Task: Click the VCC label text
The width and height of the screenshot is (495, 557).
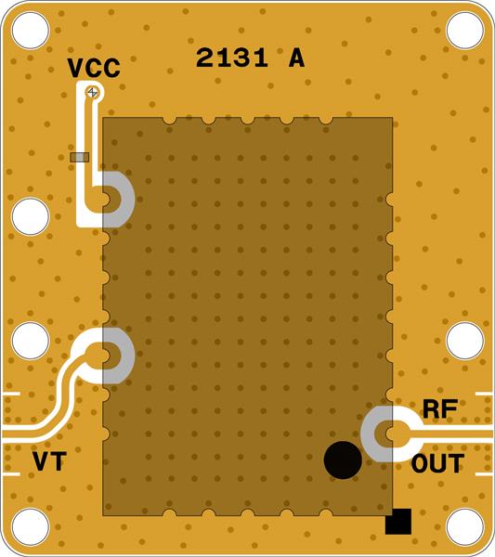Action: pos(94,68)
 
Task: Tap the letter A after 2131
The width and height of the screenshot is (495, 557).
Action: pos(296,58)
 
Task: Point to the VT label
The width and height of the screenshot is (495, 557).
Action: pos(49,461)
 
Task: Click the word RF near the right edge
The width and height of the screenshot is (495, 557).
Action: pos(440,409)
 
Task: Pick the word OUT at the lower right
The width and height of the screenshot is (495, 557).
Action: pos(437,463)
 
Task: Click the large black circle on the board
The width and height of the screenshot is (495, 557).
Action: pos(342,460)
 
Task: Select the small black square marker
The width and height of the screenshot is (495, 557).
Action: pos(397,523)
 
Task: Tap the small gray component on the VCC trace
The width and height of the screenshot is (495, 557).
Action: pos(80,157)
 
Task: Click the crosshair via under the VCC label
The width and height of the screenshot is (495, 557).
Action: pos(92,91)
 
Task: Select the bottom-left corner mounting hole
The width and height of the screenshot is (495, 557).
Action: pos(30,527)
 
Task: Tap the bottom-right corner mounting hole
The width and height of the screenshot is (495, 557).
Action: pos(464,527)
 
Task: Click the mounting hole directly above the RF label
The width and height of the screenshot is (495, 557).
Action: pos(464,341)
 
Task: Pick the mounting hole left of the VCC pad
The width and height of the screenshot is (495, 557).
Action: pos(30,216)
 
